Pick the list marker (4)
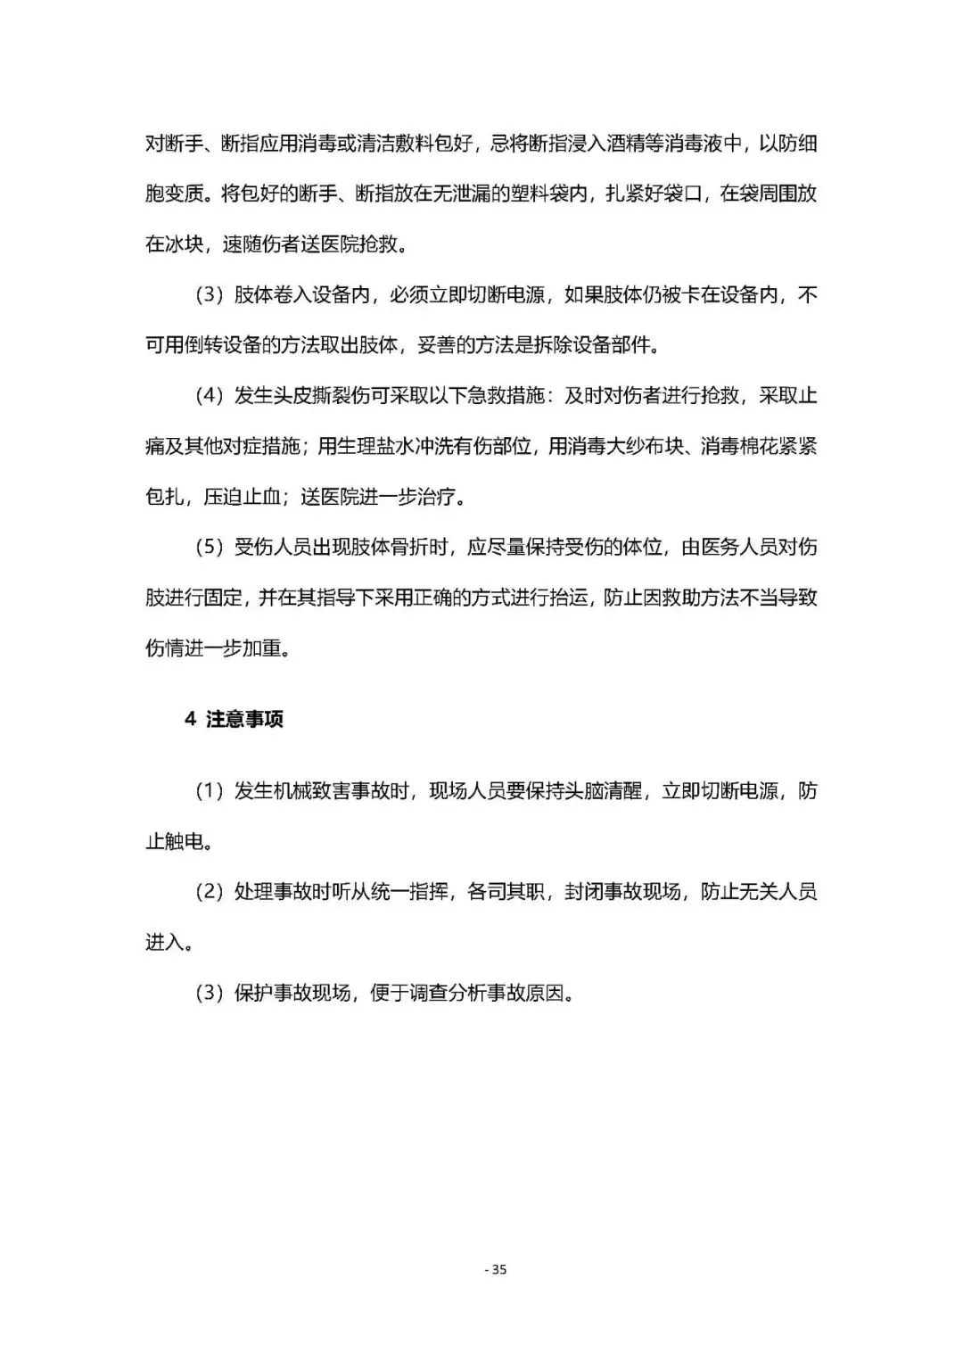coord(209,396)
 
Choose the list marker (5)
coord(209,548)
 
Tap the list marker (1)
coord(209,791)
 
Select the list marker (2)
coord(209,892)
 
